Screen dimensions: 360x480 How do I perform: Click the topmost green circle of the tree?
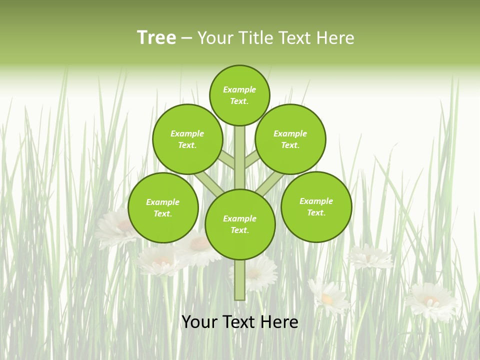(x=239, y=95)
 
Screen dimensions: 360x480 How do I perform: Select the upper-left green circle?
(x=187, y=139)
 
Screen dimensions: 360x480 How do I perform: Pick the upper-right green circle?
(x=290, y=139)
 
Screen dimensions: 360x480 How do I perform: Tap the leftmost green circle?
(x=163, y=207)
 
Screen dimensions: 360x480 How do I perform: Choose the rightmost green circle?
(x=316, y=206)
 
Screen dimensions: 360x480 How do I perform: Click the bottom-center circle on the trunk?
(x=240, y=224)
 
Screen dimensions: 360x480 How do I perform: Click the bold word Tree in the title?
(x=156, y=38)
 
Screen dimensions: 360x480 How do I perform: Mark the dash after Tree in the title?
(x=186, y=38)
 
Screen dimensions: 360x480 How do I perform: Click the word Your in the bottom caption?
(x=199, y=322)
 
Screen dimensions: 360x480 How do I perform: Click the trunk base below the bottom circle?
(x=240, y=280)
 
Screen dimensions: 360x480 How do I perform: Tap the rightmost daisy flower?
(x=431, y=301)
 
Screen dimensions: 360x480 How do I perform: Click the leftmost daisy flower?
(x=118, y=227)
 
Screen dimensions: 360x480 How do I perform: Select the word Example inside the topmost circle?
(x=239, y=90)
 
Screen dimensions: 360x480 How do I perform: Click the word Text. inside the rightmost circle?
(x=316, y=212)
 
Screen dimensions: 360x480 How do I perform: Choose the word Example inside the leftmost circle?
(x=163, y=202)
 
